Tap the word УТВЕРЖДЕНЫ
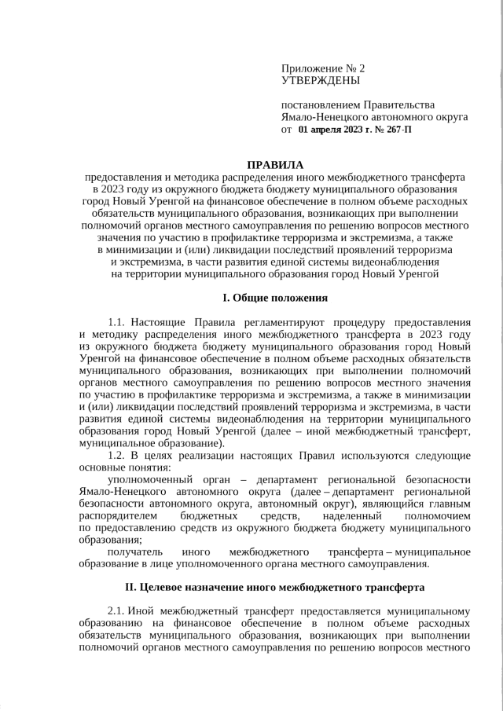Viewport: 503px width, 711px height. click(320, 80)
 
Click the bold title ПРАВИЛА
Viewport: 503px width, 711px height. click(274, 165)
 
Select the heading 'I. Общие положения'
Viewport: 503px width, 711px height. click(274, 298)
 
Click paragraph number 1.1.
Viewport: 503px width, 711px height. click(116, 322)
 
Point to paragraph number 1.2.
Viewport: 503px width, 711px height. click(116, 455)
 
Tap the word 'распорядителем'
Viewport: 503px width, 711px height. click(119, 515)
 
